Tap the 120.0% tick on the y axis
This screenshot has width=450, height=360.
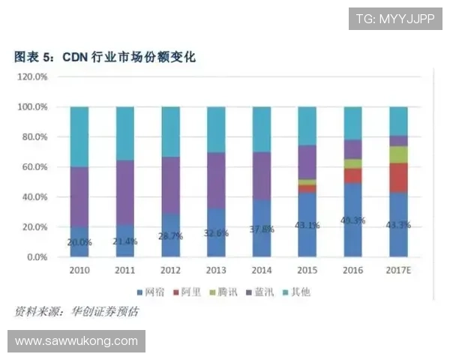click(x=32, y=77)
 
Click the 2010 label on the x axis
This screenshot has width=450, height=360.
click(x=79, y=271)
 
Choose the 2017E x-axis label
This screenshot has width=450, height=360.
click(x=398, y=271)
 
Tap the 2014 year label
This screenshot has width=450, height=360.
click(x=261, y=271)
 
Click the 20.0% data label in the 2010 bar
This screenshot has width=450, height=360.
click(x=79, y=242)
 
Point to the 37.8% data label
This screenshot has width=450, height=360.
click(x=262, y=229)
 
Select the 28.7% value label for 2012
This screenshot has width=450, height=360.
click(x=171, y=236)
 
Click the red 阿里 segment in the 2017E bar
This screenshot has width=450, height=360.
click(x=398, y=178)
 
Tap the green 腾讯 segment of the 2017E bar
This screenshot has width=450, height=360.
click(x=398, y=154)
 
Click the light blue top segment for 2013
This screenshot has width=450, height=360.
click(x=216, y=129)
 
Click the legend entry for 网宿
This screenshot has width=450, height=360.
click(x=151, y=291)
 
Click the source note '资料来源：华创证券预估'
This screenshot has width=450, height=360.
click(x=76, y=311)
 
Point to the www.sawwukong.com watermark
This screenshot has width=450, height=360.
click(x=76, y=341)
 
